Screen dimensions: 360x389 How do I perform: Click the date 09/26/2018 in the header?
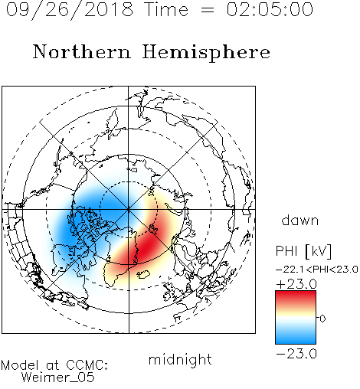(70, 10)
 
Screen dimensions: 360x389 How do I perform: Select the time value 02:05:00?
(270, 9)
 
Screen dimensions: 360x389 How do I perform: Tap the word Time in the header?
(166, 9)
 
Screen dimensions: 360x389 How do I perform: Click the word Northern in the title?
(82, 51)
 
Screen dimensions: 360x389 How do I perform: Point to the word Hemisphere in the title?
(206, 53)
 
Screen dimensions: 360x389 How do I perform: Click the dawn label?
(300, 220)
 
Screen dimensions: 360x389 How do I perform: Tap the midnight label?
(180, 359)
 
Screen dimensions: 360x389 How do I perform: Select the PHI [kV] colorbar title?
(303, 251)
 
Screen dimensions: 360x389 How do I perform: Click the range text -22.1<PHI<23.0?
(317, 270)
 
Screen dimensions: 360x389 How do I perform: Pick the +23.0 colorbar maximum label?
(296, 284)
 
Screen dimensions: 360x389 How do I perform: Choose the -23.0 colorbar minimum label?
(296, 354)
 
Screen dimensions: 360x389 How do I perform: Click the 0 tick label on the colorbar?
(322, 319)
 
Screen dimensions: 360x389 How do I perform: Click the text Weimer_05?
(58, 377)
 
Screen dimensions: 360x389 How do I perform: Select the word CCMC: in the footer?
(87, 365)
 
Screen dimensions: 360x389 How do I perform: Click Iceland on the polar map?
(143, 275)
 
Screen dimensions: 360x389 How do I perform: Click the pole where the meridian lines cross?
(129, 210)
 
